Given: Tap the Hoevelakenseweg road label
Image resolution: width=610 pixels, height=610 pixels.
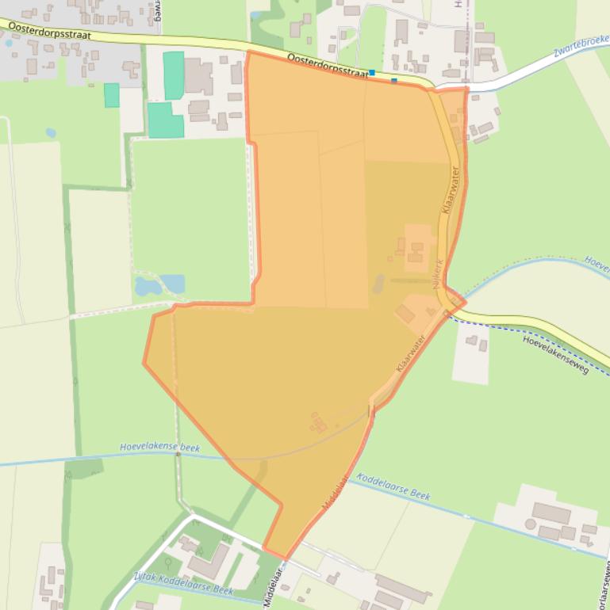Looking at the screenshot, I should (x=555, y=354).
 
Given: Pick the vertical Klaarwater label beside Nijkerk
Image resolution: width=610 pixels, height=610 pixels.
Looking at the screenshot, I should (x=452, y=191).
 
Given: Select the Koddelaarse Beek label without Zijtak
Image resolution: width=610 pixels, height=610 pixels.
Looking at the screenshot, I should (x=393, y=485).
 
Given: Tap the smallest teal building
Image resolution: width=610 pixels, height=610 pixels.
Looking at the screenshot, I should (x=112, y=95).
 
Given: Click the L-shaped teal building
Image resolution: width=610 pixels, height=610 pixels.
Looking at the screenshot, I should (x=164, y=120).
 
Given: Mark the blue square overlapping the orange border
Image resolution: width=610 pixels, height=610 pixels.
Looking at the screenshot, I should (x=394, y=80).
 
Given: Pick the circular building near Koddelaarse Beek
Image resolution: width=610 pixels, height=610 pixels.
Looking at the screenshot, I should (x=530, y=524).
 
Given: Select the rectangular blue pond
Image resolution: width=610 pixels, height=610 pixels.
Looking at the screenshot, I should (x=172, y=283).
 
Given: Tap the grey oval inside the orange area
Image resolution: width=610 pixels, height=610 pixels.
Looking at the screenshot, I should (x=378, y=284).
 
